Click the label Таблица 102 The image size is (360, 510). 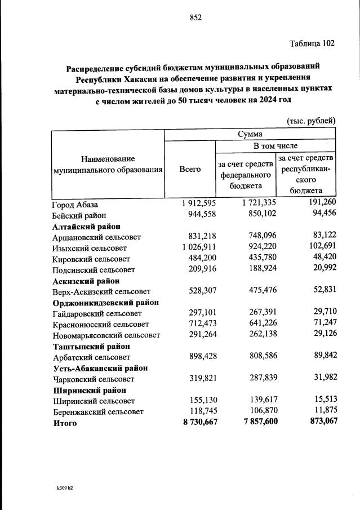[x=312, y=43]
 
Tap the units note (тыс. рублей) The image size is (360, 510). [x=311, y=120]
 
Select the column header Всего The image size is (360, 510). [x=190, y=169]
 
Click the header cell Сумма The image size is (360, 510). [x=250, y=134]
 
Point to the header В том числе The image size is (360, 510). [x=275, y=146]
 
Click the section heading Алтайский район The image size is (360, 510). [x=82, y=226]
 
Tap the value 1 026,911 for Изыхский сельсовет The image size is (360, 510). [x=193, y=248]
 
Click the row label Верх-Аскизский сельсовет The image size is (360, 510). [x=101, y=291]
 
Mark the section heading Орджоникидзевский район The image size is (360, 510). [x=105, y=302]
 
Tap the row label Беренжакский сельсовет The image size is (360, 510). [x=97, y=411]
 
